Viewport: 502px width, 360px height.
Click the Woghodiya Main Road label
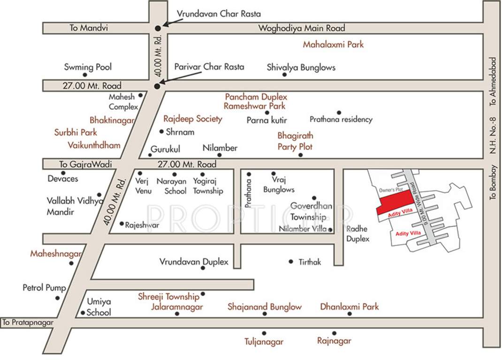(302, 28)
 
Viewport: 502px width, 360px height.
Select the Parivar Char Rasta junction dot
(157, 86)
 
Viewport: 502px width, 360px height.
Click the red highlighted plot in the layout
(396, 202)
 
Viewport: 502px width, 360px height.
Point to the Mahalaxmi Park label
(333, 45)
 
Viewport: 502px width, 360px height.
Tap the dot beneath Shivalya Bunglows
(284, 75)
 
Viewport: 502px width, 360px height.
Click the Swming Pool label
(88, 67)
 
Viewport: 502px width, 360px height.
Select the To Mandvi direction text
(89, 28)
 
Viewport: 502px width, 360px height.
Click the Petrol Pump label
(45, 287)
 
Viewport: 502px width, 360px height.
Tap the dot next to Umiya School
(83, 313)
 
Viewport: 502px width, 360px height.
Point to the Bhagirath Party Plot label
(295, 141)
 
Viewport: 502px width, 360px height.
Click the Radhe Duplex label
(358, 233)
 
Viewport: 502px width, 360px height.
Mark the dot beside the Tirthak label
(291, 262)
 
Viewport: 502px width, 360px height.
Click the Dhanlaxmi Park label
(349, 307)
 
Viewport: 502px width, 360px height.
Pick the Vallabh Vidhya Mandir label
(75, 206)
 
